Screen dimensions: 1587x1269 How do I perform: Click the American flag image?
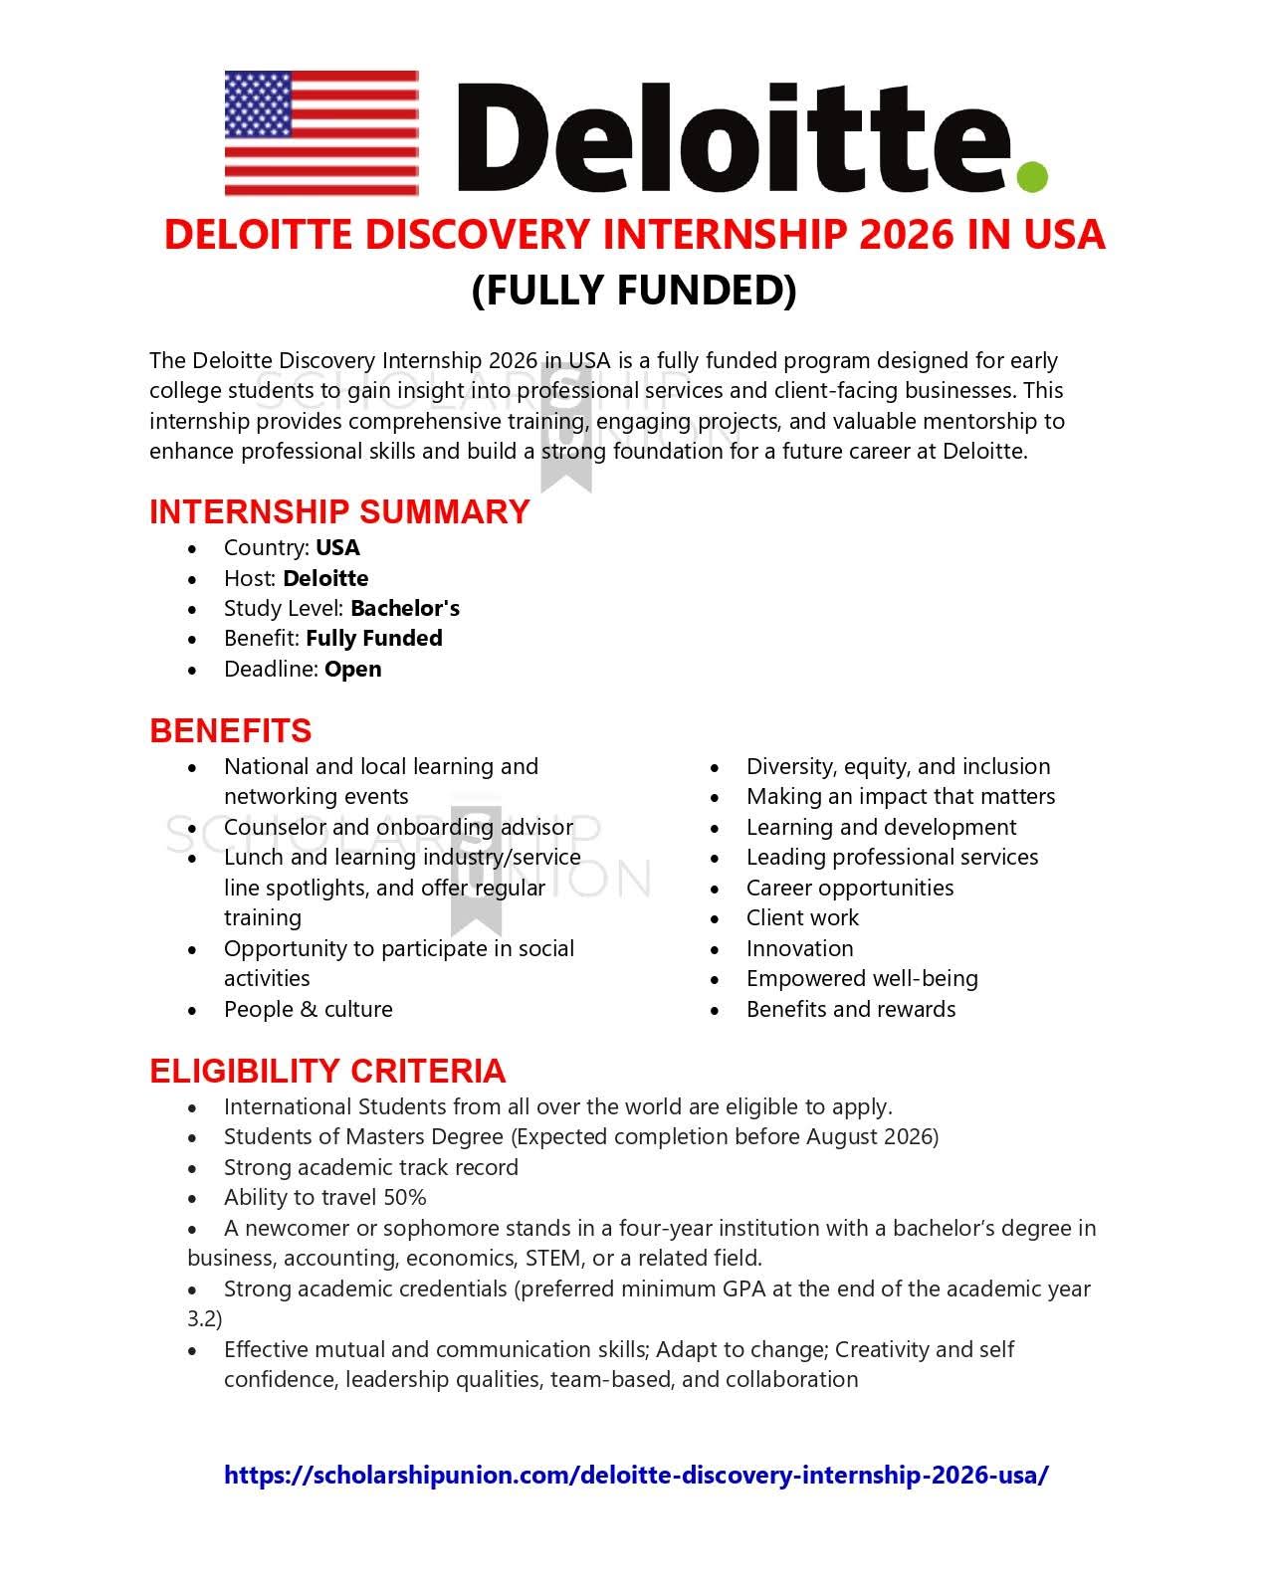pos(321,132)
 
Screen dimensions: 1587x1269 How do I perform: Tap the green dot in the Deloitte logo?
pos(1032,176)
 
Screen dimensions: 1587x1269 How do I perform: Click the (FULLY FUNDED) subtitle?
pos(634,290)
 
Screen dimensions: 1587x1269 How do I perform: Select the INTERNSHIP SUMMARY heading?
pos(339,511)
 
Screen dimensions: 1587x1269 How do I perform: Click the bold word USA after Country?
pos(337,547)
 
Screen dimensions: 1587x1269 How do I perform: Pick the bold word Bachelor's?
pos(404,608)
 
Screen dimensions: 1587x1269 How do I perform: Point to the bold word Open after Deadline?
pos(352,669)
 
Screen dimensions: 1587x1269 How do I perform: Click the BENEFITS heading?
pos(230,730)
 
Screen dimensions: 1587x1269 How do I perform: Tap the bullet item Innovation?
pos(799,948)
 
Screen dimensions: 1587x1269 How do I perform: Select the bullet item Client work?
pos(802,917)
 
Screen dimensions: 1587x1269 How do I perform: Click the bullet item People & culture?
pos(308,1009)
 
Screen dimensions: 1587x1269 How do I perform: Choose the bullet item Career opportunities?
pos(849,888)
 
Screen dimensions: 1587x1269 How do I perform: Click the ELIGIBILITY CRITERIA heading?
pos(327,1071)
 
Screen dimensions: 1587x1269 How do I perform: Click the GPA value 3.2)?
pos(205,1318)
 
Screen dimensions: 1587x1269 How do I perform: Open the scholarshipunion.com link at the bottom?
pos(636,1475)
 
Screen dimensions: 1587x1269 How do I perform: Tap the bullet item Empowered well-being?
pos(862,978)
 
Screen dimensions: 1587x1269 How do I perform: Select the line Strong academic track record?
pos(370,1167)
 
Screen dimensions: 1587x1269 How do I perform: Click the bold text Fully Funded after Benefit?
pos(373,638)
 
